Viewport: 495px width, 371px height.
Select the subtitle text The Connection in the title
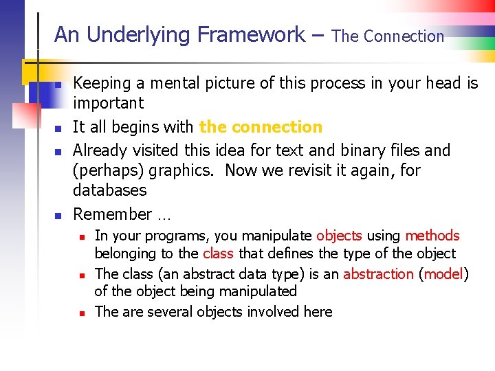pyautogui.click(x=388, y=36)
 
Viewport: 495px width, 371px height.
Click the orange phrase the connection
pyautogui.click(x=261, y=127)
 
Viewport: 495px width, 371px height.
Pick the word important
pyautogui.click(x=109, y=104)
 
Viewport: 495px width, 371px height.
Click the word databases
pyautogui.click(x=110, y=190)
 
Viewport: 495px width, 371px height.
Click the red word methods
pyautogui.click(x=432, y=236)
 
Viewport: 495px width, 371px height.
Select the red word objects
pyautogui.click(x=339, y=236)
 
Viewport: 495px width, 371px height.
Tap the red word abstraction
pyautogui.click(x=378, y=274)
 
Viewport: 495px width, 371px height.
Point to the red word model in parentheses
pyautogui.click(x=443, y=274)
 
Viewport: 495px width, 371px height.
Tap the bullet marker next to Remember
pyautogui.click(x=60, y=216)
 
